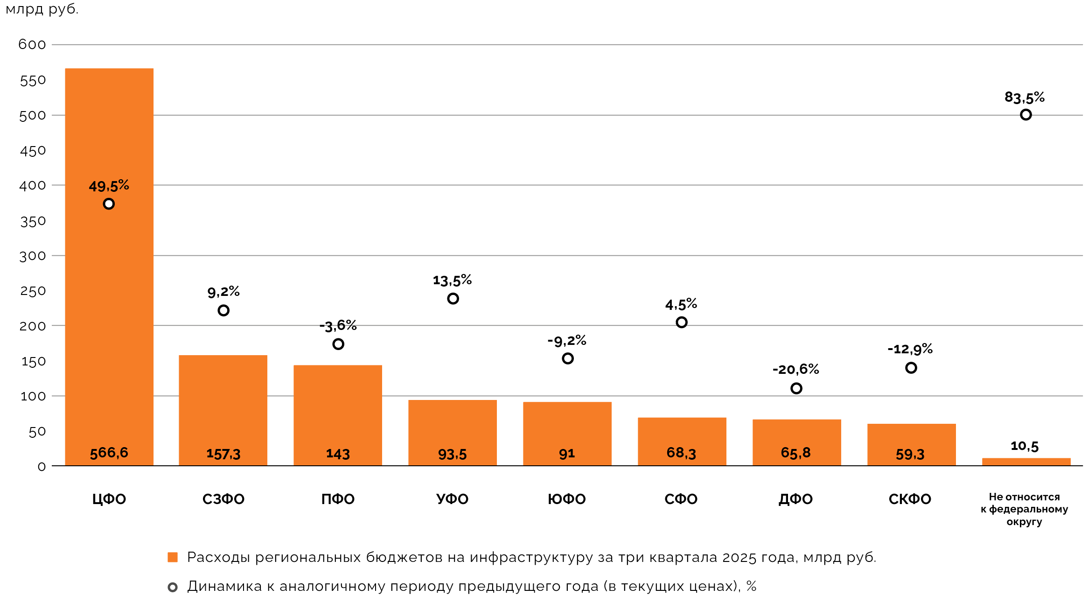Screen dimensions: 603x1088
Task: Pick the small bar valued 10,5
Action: click(x=1026, y=462)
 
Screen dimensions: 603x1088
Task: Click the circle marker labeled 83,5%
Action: click(x=1025, y=115)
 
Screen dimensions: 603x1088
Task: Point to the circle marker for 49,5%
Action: click(x=109, y=204)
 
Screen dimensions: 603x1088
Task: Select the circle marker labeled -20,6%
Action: click(x=796, y=388)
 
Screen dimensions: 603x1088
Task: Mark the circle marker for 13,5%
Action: click(x=453, y=299)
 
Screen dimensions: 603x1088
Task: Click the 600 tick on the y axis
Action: click(x=32, y=45)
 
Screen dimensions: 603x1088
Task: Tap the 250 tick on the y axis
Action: click(x=33, y=291)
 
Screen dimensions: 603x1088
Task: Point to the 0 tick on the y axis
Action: click(x=42, y=467)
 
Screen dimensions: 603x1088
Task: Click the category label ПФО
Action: click(x=338, y=499)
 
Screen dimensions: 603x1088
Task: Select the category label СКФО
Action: click(x=910, y=499)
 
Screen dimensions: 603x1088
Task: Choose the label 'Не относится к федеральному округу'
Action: click(x=1024, y=509)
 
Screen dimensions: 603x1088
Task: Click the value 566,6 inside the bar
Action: click(x=109, y=453)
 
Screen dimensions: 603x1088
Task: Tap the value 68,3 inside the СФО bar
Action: click(x=681, y=453)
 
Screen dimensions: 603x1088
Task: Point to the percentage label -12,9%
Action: click(x=910, y=349)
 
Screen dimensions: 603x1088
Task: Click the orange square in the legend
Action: click(x=173, y=557)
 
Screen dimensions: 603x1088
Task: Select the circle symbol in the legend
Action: click(x=173, y=587)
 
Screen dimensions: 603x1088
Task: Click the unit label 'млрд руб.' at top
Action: click(x=42, y=9)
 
